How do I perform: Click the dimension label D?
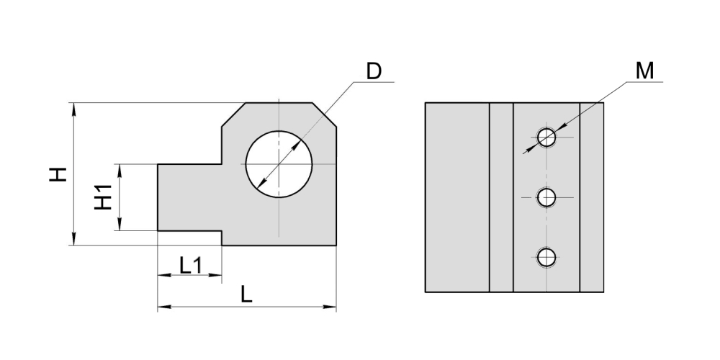tap(374, 71)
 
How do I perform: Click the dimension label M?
tap(644, 71)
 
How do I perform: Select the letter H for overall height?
tap(58, 174)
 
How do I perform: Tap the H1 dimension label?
tap(103, 197)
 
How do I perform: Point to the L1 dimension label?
tap(191, 266)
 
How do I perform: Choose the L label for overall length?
tap(246, 294)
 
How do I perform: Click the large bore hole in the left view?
tap(279, 164)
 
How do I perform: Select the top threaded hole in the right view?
tap(546, 137)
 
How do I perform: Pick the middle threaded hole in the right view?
tap(546, 197)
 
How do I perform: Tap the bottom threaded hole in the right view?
tap(546, 258)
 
